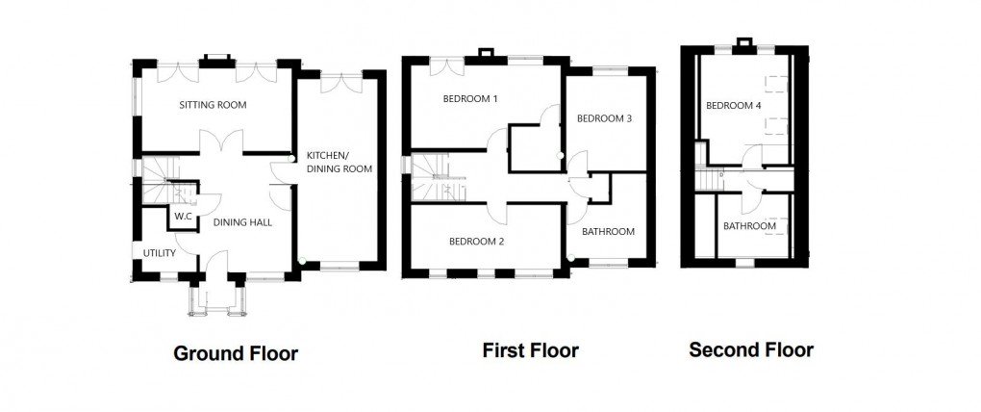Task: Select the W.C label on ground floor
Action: coord(183,216)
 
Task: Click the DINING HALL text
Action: coord(242,222)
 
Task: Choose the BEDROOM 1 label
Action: coord(469,99)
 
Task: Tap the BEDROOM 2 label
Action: coord(476,242)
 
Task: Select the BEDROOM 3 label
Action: coord(604,119)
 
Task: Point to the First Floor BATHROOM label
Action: coord(608,231)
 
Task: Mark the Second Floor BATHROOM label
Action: coord(749,226)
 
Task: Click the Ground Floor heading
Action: coord(235,353)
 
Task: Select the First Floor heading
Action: coord(530,350)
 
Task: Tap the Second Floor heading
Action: coord(750,349)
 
